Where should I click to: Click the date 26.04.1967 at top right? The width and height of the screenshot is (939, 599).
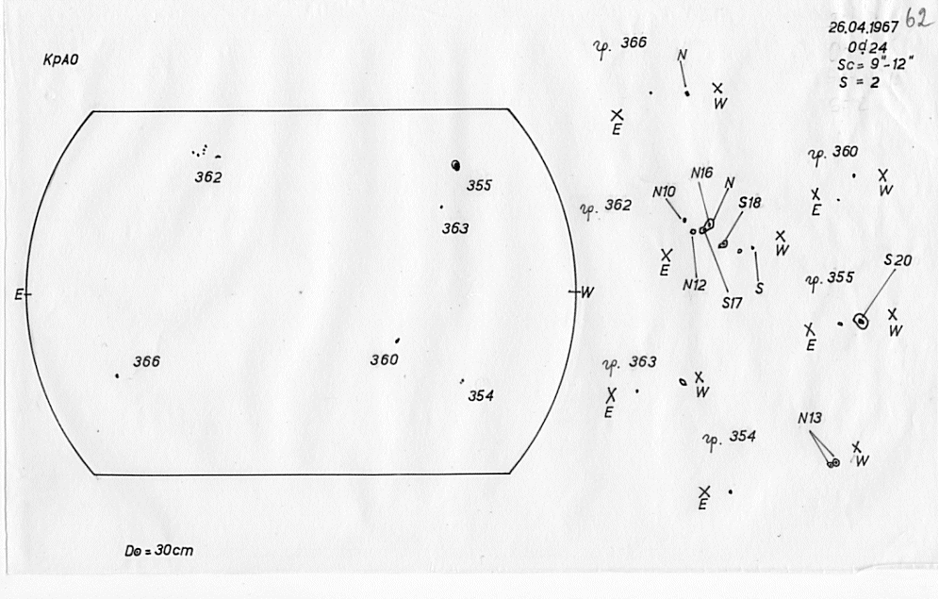(x=863, y=27)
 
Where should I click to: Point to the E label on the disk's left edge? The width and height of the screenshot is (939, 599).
(x=18, y=294)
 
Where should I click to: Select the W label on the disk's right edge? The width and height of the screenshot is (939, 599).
(x=586, y=292)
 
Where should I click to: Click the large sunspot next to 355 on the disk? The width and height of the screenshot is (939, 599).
(x=457, y=165)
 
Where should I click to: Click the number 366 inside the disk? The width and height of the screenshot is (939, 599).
(x=146, y=361)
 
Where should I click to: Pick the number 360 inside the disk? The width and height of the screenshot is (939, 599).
(x=384, y=359)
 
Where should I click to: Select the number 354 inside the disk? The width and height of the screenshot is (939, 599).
(x=480, y=395)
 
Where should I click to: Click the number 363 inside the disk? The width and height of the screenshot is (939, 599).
(x=455, y=228)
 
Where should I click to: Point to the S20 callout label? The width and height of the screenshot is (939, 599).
(x=898, y=260)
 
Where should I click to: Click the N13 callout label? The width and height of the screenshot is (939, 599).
(x=810, y=418)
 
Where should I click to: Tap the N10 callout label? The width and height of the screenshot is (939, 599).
(x=664, y=191)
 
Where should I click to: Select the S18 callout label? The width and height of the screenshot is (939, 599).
(x=750, y=202)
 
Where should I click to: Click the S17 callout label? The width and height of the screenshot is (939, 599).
(x=733, y=303)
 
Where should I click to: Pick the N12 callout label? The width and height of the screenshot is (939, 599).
(x=695, y=284)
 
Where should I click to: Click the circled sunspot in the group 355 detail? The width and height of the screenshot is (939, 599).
(x=860, y=322)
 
